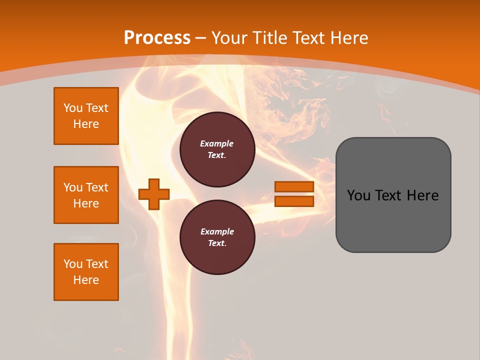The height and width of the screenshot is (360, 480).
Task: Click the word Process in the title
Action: [x=157, y=38]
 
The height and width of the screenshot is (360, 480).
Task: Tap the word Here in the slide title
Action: [x=348, y=38]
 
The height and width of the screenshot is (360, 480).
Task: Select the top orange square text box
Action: [x=86, y=116]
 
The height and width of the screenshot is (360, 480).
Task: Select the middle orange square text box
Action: [x=86, y=195]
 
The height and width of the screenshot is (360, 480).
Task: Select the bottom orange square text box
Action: [x=86, y=272]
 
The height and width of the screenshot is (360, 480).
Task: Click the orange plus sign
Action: [x=154, y=194]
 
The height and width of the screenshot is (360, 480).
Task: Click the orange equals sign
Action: [x=294, y=194]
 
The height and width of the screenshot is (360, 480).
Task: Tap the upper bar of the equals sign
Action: [x=294, y=187]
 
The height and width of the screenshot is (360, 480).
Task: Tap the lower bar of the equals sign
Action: [x=294, y=201]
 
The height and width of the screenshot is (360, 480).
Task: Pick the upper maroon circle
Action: [x=217, y=149]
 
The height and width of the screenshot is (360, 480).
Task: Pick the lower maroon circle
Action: [x=217, y=237]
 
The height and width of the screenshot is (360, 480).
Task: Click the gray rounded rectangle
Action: [x=393, y=195]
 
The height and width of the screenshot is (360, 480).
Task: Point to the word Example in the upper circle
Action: [x=217, y=144]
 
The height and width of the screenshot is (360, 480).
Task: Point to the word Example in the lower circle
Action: [x=217, y=232]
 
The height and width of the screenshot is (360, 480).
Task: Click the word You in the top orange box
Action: [x=73, y=108]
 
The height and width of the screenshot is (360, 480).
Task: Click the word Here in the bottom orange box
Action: [x=86, y=280]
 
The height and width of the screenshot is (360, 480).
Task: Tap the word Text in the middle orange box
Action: [x=96, y=187]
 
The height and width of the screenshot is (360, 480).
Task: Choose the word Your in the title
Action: [x=229, y=38]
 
